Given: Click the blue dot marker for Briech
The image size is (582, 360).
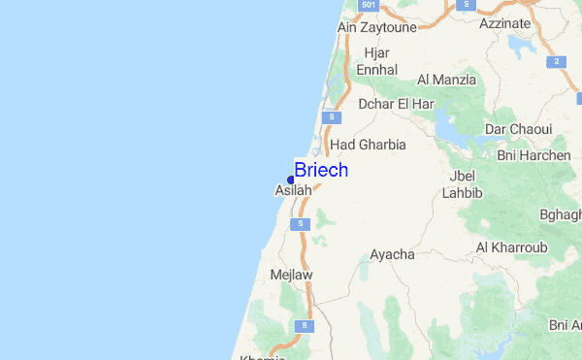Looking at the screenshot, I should pyautogui.click(x=291, y=180).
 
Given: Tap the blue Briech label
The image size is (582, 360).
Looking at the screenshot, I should pyautogui.click(x=321, y=170).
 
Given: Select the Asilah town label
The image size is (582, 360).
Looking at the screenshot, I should pyautogui.click(x=293, y=191).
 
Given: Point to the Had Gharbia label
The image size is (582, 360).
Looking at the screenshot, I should pyautogui.click(x=368, y=145).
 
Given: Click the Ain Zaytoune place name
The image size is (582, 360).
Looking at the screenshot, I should pyautogui.click(x=376, y=27).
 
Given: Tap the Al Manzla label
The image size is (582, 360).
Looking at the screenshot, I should pyautogui.click(x=446, y=80).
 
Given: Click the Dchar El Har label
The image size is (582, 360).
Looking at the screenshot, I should pyautogui.click(x=396, y=104).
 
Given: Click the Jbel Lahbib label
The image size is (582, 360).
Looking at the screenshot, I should pyautogui.click(x=461, y=185).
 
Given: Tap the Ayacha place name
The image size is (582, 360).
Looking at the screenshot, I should pyautogui.click(x=392, y=254).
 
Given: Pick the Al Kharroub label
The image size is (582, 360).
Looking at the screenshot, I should pyautogui.click(x=511, y=247).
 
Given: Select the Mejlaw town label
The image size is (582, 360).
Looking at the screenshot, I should pyautogui.click(x=292, y=275).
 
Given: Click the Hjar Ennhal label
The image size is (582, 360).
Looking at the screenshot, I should pyautogui.click(x=376, y=61).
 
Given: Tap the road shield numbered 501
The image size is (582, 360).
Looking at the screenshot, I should pyautogui.click(x=368, y=6).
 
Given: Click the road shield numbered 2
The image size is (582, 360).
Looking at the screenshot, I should pyautogui.click(x=557, y=61).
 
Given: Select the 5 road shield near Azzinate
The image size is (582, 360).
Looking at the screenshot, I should pyautogui.click(x=468, y=6).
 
